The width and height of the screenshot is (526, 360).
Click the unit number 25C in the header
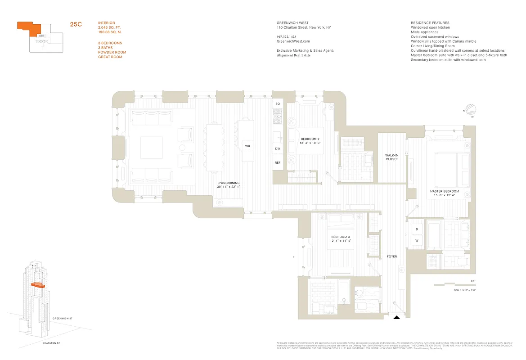76,25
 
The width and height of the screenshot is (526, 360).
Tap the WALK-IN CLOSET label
391,157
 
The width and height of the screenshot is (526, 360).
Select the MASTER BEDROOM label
444,193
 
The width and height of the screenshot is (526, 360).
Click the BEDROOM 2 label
310,140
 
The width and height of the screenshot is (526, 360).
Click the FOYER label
392,256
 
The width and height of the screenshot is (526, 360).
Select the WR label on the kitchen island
247,146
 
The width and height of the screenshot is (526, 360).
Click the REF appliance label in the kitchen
278,163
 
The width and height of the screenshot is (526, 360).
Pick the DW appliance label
278,148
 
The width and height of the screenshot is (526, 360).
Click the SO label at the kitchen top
278,104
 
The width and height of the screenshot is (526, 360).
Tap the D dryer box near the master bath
417,229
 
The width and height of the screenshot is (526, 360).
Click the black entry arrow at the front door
396,318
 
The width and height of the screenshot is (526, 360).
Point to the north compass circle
472,108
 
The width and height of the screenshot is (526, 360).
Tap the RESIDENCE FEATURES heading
430,23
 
